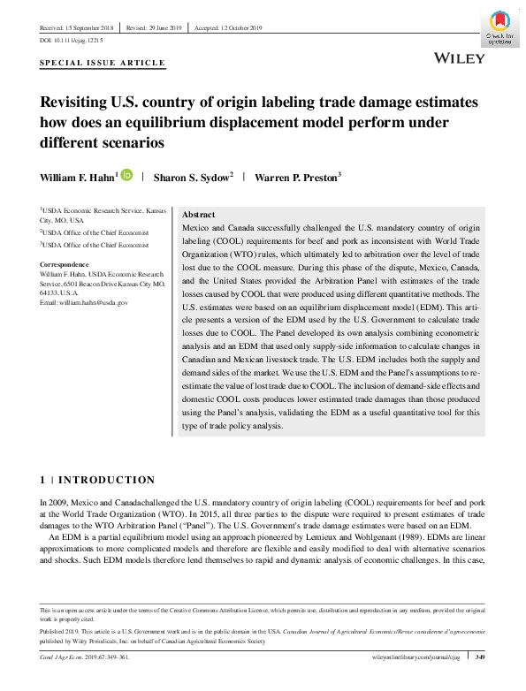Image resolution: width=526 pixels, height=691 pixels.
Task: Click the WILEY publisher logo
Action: (x=461, y=57)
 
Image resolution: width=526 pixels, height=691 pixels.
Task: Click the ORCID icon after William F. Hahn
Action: (x=126, y=176)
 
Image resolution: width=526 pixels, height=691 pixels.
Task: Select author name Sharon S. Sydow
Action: (x=193, y=178)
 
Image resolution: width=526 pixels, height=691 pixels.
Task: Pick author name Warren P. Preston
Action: (x=296, y=178)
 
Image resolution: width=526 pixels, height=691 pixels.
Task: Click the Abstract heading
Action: (x=198, y=215)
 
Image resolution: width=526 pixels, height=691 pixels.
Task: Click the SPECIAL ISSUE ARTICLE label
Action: (x=103, y=64)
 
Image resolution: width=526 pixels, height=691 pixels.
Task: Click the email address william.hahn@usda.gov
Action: (x=84, y=303)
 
